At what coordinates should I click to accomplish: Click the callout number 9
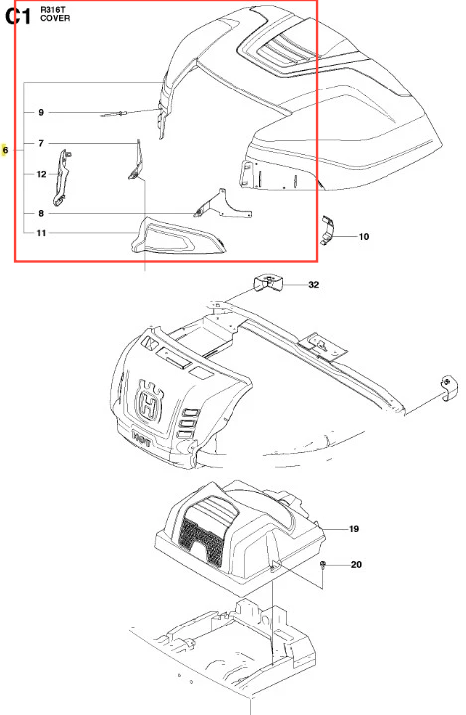pyautogui.click(x=41, y=112)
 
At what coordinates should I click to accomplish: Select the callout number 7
pyautogui.click(x=41, y=143)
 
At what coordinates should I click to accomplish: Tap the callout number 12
pyautogui.click(x=41, y=174)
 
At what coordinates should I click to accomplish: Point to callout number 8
pyautogui.click(x=41, y=214)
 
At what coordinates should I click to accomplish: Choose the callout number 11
pyautogui.click(x=41, y=233)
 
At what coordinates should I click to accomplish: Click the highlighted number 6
pyautogui.click(x=5, y=150)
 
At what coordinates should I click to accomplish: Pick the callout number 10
pyautogui.click(x=363, y=237)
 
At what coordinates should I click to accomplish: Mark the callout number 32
pyautogui.click(x=313, y=285)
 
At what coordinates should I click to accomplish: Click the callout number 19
pyautogui.click(x=354, y=529)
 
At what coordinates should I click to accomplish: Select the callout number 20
pyautogui.click(x=356, y=565)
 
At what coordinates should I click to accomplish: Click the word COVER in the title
pyautogui.click(x=55, y=18)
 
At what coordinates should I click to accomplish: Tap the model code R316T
pyautogui.click(x=53, y=10)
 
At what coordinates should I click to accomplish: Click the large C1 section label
pyautogui.click(x=18, y=16)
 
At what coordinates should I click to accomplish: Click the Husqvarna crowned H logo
pyautogui.click(x=148, y=402)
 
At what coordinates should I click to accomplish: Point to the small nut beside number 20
pyautogui.click(x=323, y=565)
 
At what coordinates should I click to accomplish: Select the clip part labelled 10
pyautogui.click(x=327, y=231)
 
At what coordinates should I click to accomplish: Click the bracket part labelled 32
pyautogui.click(x=268, y=283)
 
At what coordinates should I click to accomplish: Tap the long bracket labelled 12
pyautogui.click(x=62, y=177)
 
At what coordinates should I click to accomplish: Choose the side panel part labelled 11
pyautogui.click(x=177, y=235)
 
